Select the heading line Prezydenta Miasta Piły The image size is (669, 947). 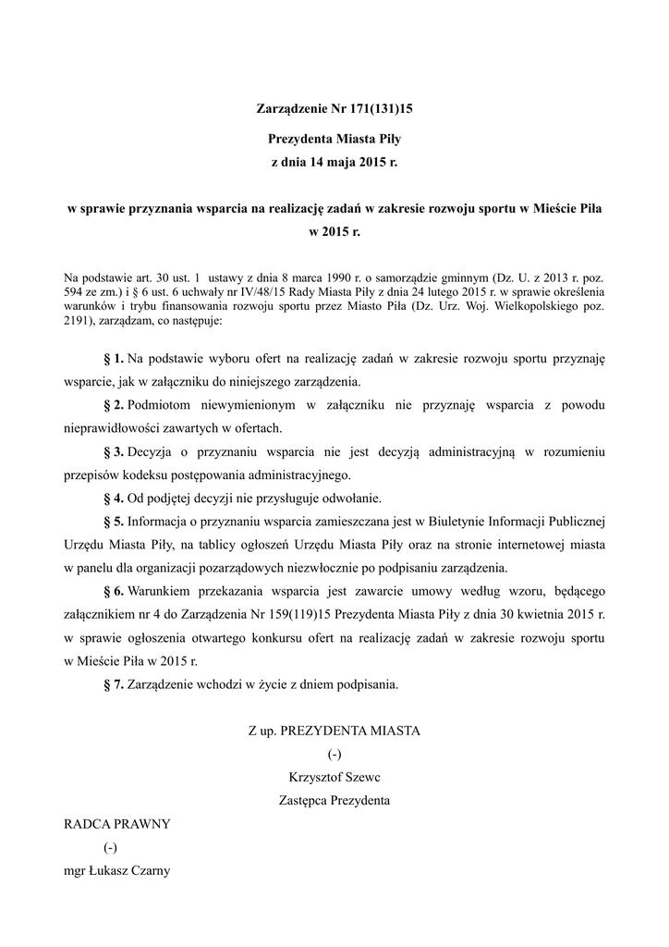(334, 140)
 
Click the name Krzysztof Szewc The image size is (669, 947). (334, 777)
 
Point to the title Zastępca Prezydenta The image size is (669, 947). (334, 800)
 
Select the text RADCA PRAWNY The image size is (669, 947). (116, 824)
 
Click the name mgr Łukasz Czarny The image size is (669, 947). (117, 871)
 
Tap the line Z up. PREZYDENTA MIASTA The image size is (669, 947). (334, 731)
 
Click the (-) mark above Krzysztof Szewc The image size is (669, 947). (334, 754)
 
